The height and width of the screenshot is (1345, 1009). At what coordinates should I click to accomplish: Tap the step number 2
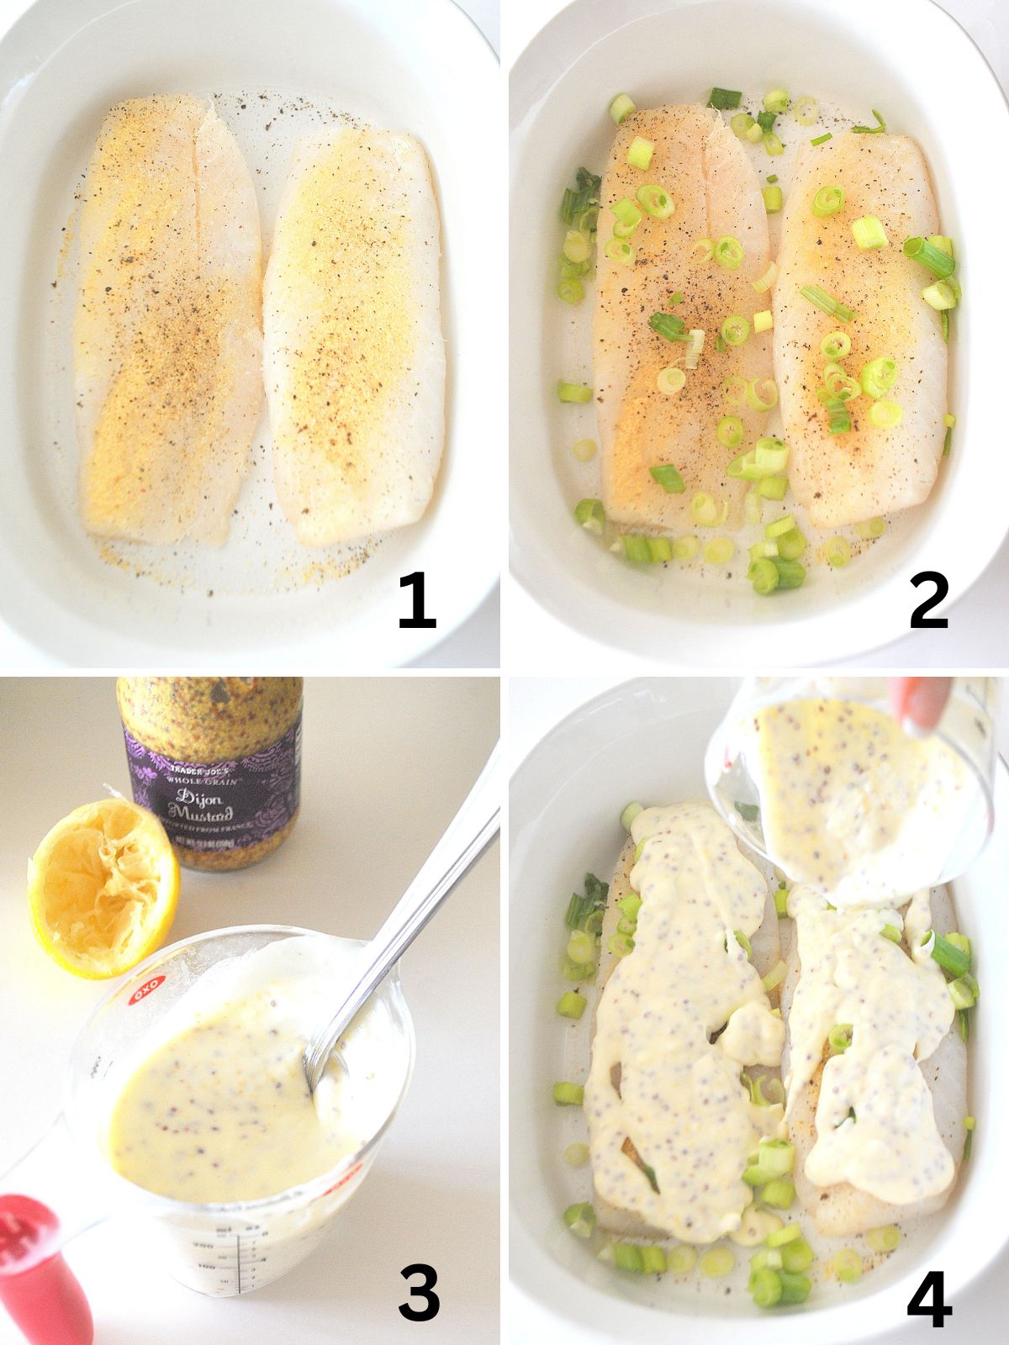tap(928, 599)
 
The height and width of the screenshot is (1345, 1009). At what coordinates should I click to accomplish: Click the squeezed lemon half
tap(102, 887)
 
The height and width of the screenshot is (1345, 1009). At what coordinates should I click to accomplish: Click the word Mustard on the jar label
tap(200, 813)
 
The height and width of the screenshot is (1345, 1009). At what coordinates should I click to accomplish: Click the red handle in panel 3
tap(34, 1261)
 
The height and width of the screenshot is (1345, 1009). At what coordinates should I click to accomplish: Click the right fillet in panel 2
tap(862, 328)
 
